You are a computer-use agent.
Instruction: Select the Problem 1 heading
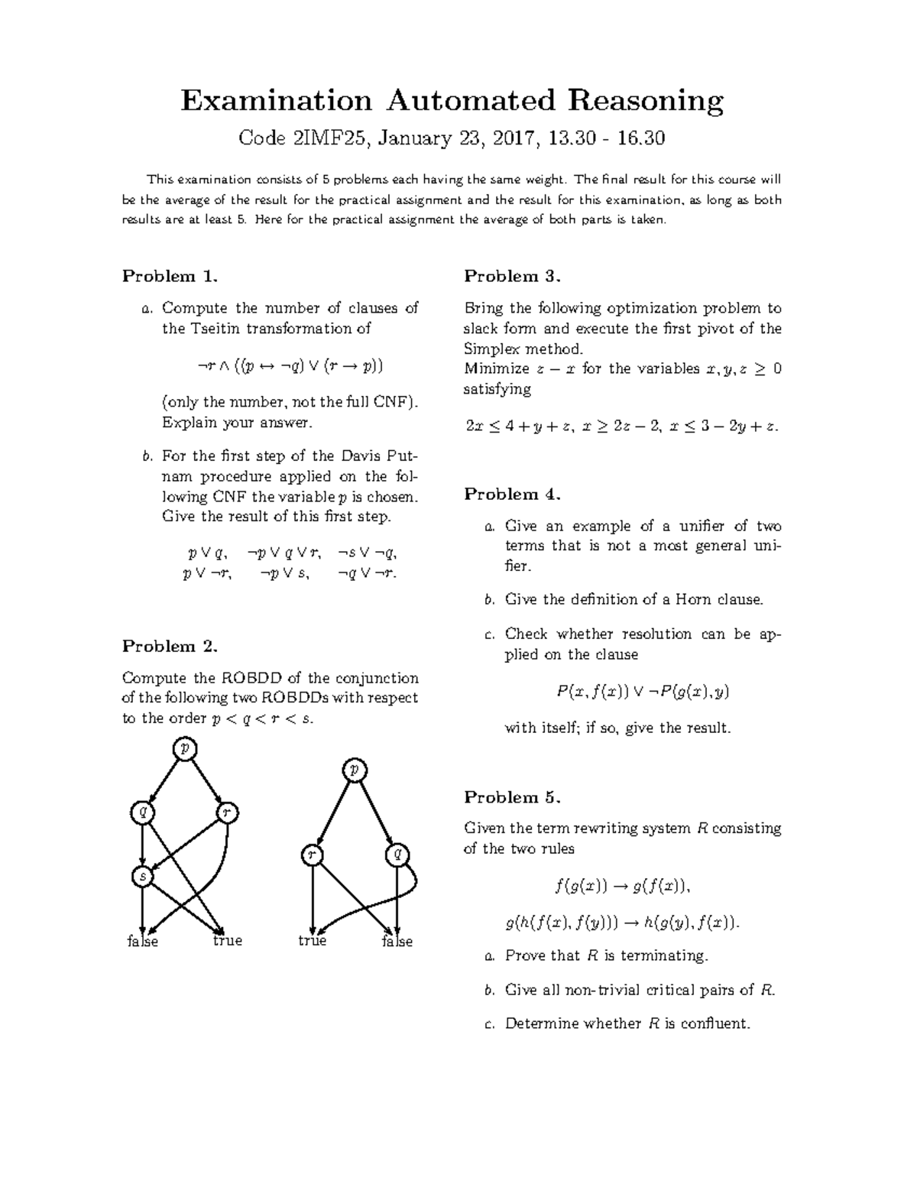[x=170, y=276]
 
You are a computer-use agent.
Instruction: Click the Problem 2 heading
[x=170, y=646]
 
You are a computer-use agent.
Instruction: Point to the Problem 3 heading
[x=512, y=276]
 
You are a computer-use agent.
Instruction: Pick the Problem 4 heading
[x=512, y=494]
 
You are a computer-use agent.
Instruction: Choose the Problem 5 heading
[x=512, y=797]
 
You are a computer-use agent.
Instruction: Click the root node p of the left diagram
[x=184, y=748]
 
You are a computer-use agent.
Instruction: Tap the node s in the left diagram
[x=142, y=876]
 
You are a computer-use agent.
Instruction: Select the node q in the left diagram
[x=142, y=812]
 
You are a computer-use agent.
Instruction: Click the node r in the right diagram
[x=311, y=855]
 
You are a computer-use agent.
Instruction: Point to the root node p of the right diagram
[x=354, y=770]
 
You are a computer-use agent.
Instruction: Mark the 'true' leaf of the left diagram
[x=228, y=941]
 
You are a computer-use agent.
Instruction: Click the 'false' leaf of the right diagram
[x=397, y=942]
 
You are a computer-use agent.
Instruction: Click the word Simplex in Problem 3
[x=489, y=349]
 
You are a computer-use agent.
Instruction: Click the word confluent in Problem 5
[x=715, y=1023]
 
